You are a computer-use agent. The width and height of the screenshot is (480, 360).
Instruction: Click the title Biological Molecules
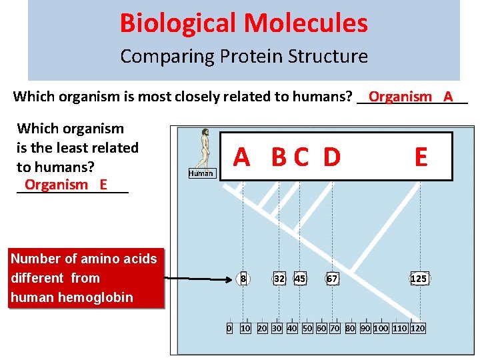coord(243,23)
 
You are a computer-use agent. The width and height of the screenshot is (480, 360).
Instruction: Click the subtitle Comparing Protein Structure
coord(243,57)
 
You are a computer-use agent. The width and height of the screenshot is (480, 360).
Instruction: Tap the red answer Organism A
coord(411,97)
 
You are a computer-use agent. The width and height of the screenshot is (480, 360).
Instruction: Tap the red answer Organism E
coord(65,185)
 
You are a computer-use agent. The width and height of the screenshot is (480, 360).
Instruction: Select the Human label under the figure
coord(201,173)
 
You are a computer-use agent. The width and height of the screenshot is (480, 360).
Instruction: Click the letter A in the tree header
coord(242,157)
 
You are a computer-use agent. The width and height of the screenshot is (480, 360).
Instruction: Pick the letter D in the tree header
coord(332,157)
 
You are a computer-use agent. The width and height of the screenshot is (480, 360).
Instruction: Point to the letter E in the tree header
coord(421,157)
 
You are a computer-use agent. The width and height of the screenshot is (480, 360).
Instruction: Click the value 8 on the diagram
coord(244,279)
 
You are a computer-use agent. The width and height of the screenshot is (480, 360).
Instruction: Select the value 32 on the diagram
coord(280,279)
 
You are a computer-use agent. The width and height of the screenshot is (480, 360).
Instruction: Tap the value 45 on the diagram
coord(300,279)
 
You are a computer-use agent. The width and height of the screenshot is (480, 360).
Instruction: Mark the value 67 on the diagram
coord(332,279)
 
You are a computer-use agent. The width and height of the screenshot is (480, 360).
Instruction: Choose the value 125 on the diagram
coord(419,279)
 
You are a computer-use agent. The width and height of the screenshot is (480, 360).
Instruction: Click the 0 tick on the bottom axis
coord(229,328)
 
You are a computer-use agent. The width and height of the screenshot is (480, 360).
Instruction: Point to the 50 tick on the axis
coord(307,328)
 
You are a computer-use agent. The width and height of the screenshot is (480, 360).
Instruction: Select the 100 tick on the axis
coord(381,328)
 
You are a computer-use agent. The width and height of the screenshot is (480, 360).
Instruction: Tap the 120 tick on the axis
coord(418,328)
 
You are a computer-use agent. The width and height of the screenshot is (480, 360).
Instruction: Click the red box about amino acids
coord(84,278)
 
